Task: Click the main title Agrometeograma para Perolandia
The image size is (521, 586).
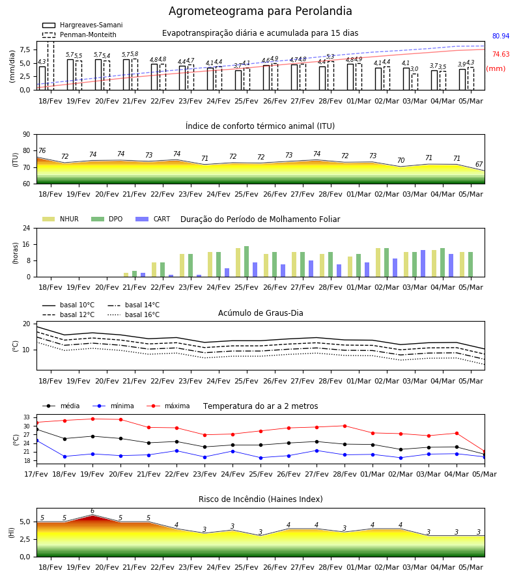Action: [260, 11]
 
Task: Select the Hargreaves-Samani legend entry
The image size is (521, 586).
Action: [82, 25]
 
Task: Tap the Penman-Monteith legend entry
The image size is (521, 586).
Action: [79, 35]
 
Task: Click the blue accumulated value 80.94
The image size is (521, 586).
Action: [501, 36]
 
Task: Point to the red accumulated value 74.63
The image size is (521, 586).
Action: [501, 55]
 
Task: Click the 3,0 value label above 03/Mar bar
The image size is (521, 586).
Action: [414, 69]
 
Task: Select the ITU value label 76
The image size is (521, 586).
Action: [42, 150]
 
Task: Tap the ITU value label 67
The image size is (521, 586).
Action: [479, 165]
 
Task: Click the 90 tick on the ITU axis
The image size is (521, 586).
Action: [27, 135]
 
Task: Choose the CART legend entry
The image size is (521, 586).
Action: [153, 219]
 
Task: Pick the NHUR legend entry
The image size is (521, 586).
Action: [61, 219]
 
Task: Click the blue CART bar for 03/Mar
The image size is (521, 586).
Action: [423, 264]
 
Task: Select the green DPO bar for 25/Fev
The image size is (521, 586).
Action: [247, 262]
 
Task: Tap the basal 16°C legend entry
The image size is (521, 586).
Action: [134, 314]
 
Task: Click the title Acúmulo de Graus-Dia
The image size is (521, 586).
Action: [260, 313]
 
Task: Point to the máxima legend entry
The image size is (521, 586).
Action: [168, 406]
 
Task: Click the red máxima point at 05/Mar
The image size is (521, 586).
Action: [485, 452]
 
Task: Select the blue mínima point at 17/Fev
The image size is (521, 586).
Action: [36, 441]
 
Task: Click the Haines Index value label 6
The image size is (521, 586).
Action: [92, 511]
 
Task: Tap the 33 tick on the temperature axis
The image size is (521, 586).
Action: [27, 417]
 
